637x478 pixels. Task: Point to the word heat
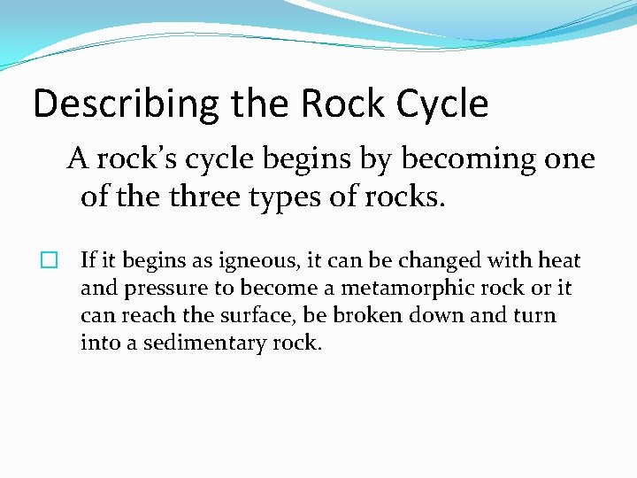[x=560, y=261]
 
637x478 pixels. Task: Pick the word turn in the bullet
[x=535, y=315]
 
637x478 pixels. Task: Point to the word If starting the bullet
[x=88, y=261]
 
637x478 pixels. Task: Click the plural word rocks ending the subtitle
[x=403, y=197]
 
